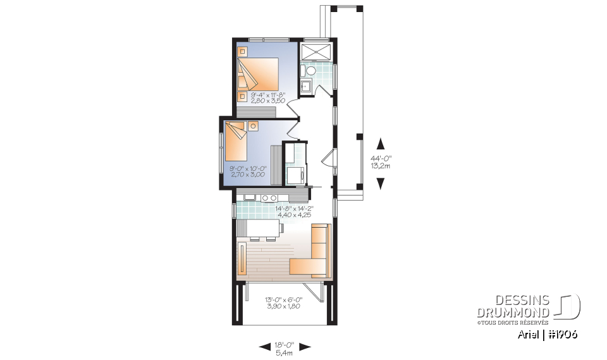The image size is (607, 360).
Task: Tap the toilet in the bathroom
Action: (307, 70)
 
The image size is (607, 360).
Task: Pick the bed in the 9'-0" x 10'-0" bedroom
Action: (236, 142)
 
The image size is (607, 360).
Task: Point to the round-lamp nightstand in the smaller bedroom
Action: (253, 126)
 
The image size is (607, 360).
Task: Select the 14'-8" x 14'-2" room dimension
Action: (294, 208)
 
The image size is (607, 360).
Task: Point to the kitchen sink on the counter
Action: (247, 198)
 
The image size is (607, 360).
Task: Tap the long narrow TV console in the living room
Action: (242, 258)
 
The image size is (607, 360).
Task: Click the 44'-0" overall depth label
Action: (381, 160)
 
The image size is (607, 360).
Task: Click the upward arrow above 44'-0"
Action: (381, 143)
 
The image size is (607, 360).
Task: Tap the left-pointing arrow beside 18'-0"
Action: (265, 346)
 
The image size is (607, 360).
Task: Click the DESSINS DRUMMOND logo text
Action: (513, 307)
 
